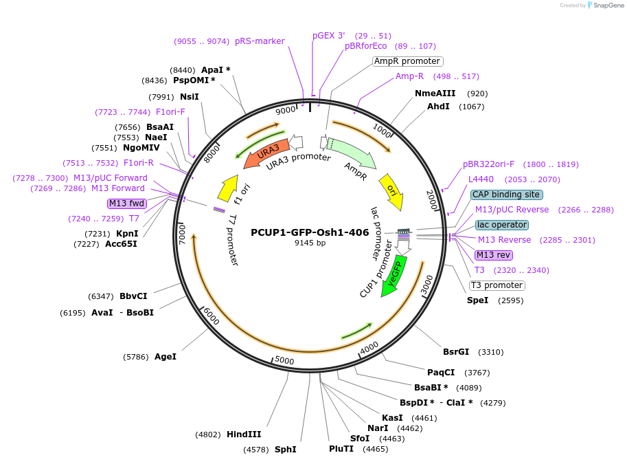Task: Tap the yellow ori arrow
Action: click(x=391, y=190)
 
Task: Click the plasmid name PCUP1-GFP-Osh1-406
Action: click(x=310, y=232)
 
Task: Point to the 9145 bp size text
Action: click(x=310, y=243)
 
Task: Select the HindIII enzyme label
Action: click(x=244, y=434)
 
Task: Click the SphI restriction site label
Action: click(x=285, y=450)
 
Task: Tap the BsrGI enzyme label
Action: click(x=456, y=352)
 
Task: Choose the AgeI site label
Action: click(x=166, y=357)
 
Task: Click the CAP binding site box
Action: click(x=507, y=195)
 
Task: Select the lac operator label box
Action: click(x=502, y=225)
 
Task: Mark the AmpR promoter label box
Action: click(x=407, y=61)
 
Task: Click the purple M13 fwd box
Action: click(x=126, y=203)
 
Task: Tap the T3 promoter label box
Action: click(x=497, y=285)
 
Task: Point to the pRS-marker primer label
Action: click(x=260, y=41)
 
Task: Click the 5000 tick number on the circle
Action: click(x=284, y=360)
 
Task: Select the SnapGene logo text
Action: click(x=608, y=5)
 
